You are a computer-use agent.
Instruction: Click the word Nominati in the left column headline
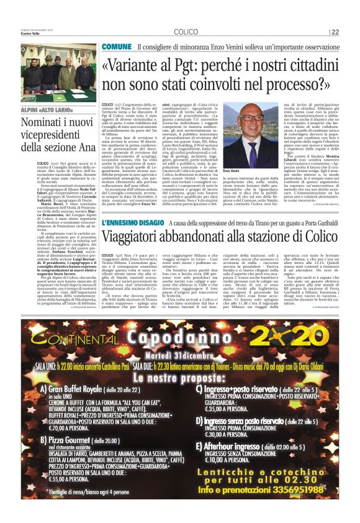tap(43, 123)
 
